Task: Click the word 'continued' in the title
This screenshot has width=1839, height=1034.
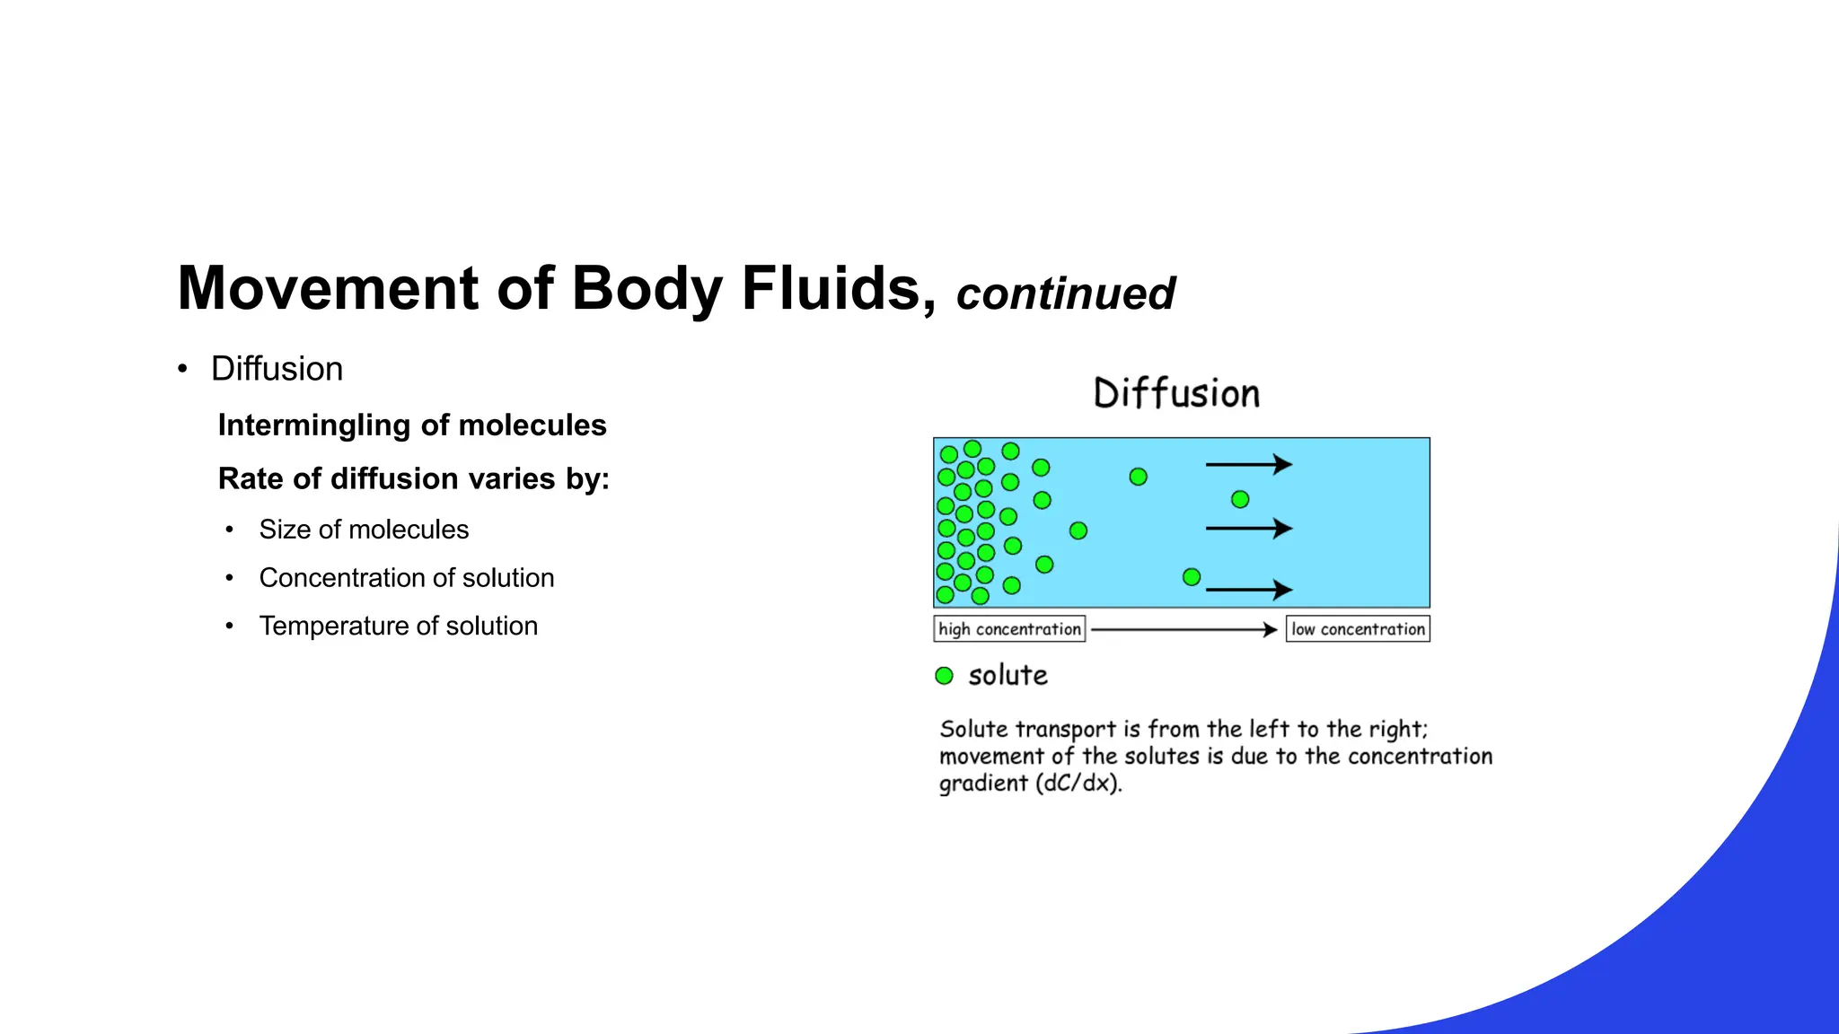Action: click(x=1065, y=294)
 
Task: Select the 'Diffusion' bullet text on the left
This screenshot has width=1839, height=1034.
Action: click(x=277, y=369)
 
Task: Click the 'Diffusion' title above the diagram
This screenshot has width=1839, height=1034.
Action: click(x=1176, y=394)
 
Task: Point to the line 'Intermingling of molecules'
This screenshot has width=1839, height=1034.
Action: click(x=412, y=425)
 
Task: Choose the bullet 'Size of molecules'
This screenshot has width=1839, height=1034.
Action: click(x=364, y=530)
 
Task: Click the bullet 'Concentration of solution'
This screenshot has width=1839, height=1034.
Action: click(x=406, y=578)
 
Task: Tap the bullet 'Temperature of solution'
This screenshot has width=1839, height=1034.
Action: click(x=398, y=627)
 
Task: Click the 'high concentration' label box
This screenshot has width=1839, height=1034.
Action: click(x=1009, y=629)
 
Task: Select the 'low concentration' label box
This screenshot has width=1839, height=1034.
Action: click(x=1358, y=629)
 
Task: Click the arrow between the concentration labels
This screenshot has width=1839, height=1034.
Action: click(x=1183, y=630)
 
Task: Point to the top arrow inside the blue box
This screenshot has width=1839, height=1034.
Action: click(x=1248, y=464)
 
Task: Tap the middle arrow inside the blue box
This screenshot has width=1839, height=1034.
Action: click(x=1248, y=529)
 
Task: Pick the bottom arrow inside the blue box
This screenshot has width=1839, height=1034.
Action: click(x=1248, y=590)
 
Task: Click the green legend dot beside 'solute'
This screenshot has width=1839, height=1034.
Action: click(x=944, y=676)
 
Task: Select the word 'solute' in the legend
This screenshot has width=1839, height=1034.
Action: click(x=1007, y=676)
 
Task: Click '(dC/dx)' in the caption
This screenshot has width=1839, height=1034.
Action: click(x=1078, y=784)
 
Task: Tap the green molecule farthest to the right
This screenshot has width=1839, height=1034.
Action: click(x=1240, y=499)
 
